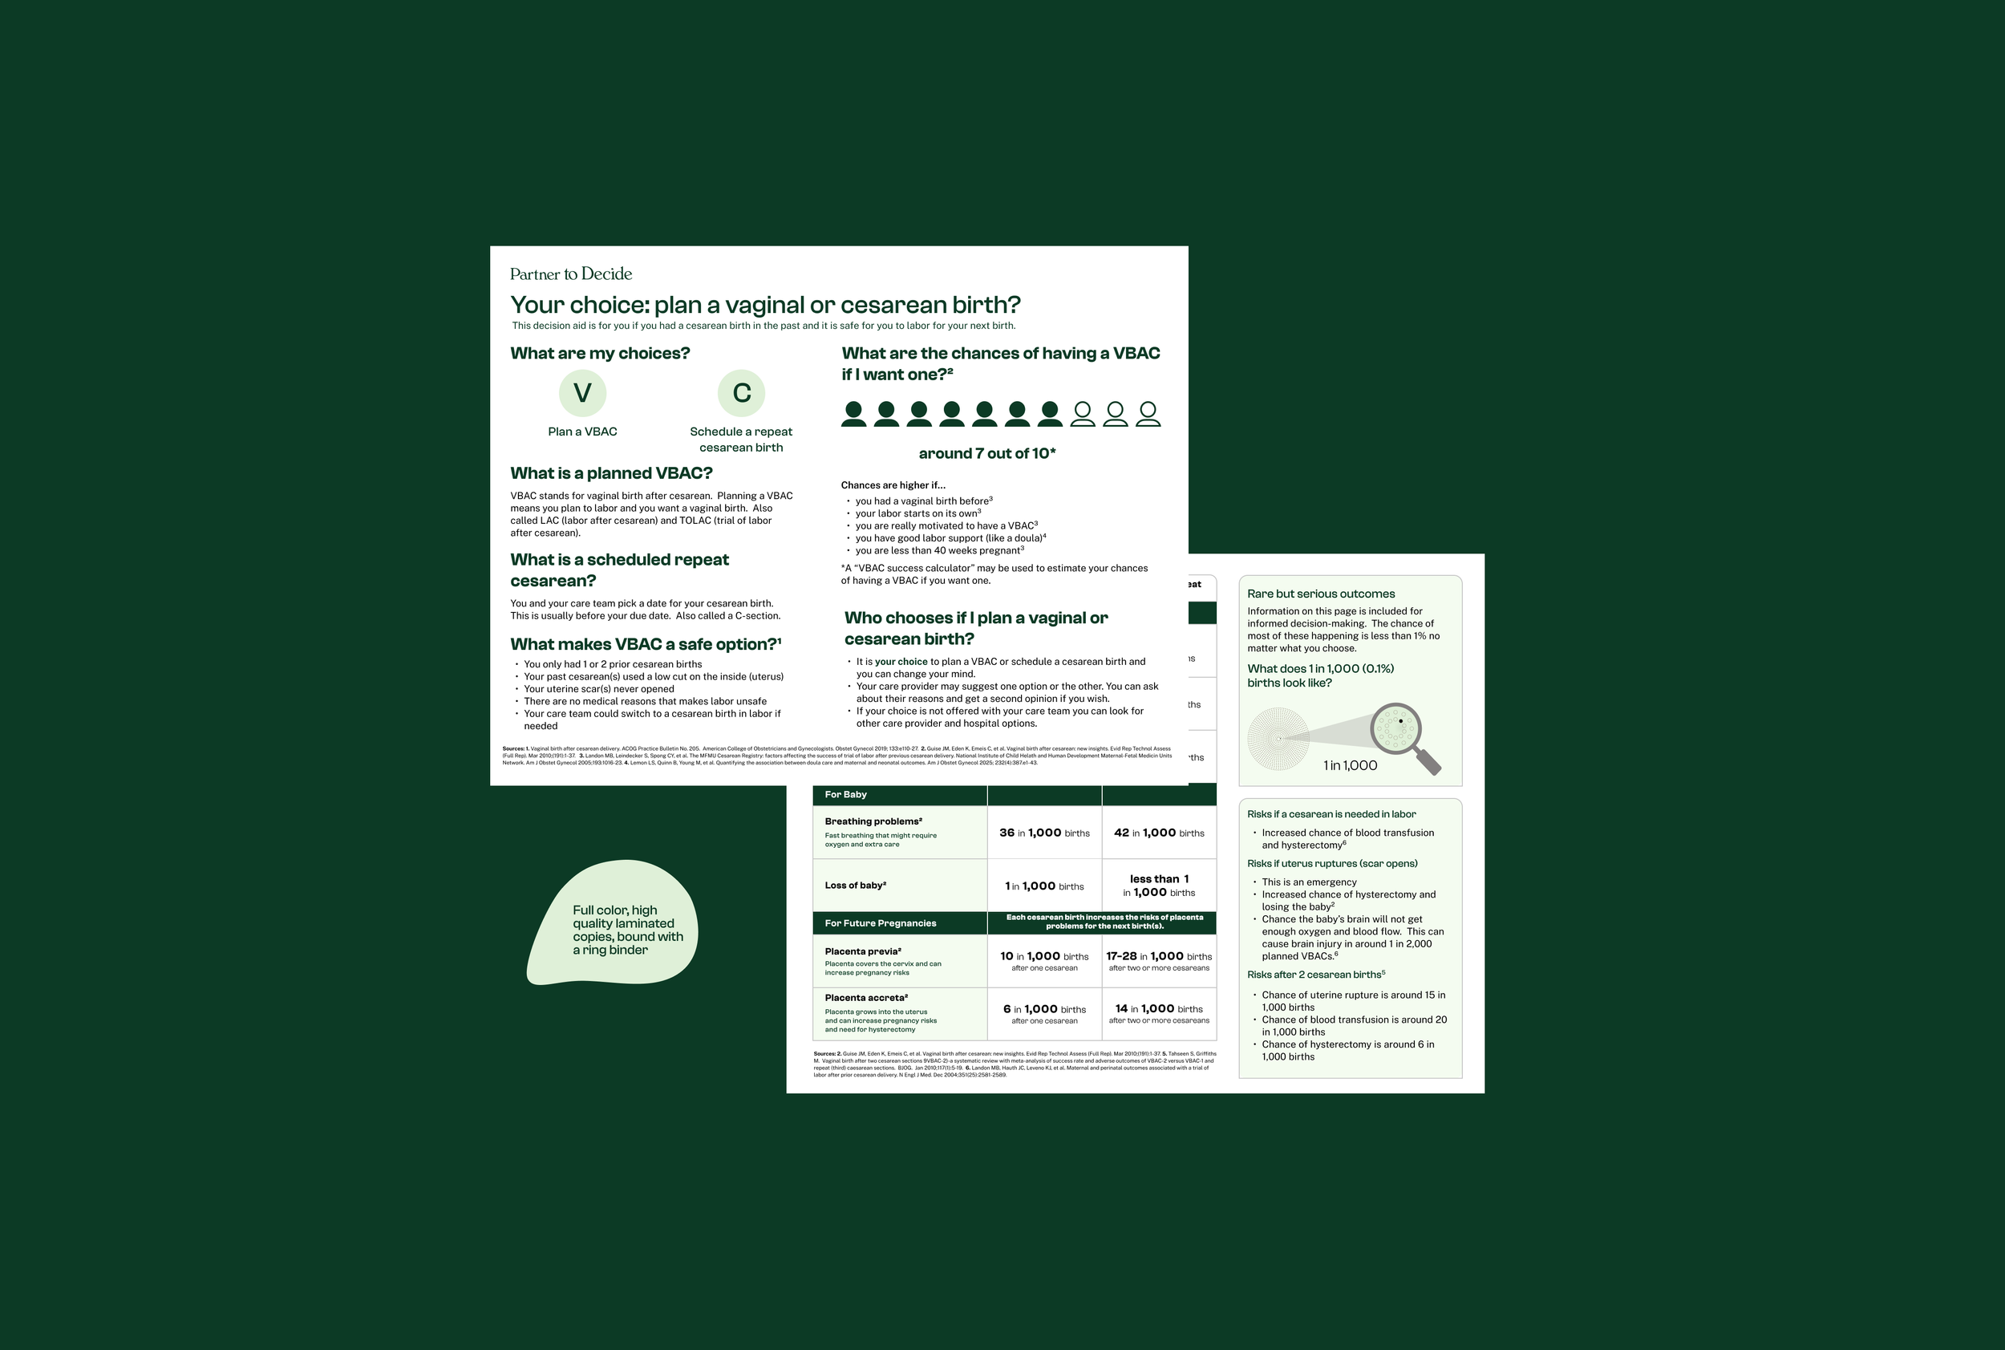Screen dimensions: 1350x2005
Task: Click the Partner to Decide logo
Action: (571, 274)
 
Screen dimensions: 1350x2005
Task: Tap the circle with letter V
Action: (583, 392)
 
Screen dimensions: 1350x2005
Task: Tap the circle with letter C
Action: (741, 392)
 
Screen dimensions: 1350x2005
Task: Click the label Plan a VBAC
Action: (583, 432)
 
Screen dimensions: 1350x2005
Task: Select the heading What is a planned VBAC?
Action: (611, 472)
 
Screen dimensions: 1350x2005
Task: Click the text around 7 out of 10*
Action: (986, 454)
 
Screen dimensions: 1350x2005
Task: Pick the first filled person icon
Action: (853, 414)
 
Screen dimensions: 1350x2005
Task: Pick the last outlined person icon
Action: (1148, 414)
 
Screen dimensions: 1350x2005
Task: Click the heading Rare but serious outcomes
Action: (1321, 594)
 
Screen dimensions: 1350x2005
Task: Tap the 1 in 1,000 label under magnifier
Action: (1350, 765)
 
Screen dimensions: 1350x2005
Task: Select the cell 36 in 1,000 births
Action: (1044, 833)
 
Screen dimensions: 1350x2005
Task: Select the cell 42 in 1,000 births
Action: (1159, 833)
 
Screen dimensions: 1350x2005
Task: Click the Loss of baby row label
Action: (855, 885)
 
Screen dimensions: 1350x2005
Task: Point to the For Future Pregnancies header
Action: (880, 923)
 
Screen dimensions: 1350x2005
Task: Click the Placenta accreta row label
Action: (866, 998)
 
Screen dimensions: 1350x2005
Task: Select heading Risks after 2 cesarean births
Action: (1315, 975)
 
